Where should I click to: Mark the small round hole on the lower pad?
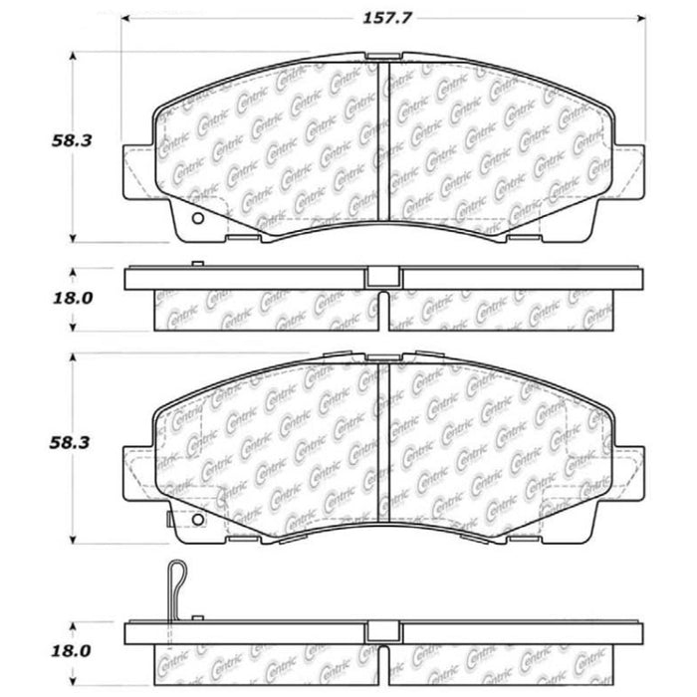[x=195, y=521]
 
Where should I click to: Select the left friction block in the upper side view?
[x=267, y=311]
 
